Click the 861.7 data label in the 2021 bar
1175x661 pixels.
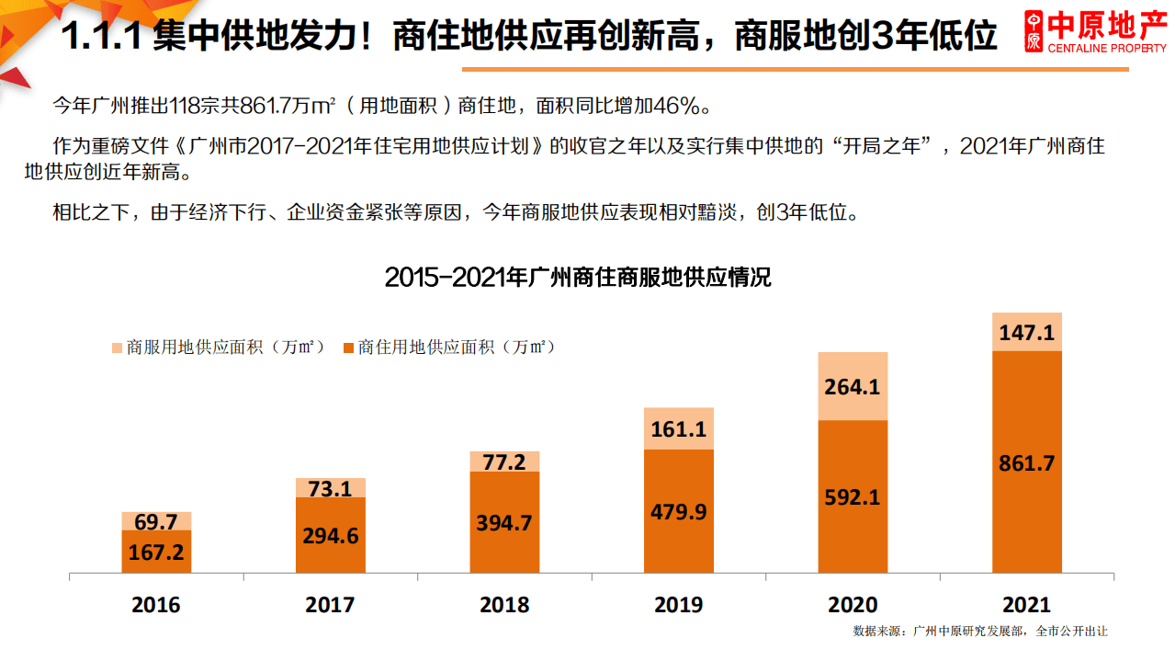tap(1026, 463)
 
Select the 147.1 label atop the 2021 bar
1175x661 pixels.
tap(1026, 333)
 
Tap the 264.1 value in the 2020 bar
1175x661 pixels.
tap(853, 387)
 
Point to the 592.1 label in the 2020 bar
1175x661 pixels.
tap(853, 497)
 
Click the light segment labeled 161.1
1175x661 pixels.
tap(679, 428)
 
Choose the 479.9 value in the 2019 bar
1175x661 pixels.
tap(679, 512)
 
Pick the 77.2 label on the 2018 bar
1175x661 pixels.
tap(504, 462)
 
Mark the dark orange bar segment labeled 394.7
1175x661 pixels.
tap(504, 523)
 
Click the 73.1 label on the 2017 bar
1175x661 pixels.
tap(330, 488)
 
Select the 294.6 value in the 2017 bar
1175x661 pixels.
tap(330, 536)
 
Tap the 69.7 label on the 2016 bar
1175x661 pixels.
tap(156, 522)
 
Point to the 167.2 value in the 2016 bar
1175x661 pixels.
tap(156, 553)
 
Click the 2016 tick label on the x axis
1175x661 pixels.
tap(156, 605)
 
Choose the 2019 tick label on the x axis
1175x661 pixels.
tap(679, 605)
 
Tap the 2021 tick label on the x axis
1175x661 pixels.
tap(1026, 605)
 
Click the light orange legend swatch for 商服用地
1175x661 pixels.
tap(117, 348)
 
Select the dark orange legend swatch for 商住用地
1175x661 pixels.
tap(347, 348)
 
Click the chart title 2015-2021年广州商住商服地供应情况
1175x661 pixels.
tap(578, 277)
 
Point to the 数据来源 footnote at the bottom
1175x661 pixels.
tap(979, 632)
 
